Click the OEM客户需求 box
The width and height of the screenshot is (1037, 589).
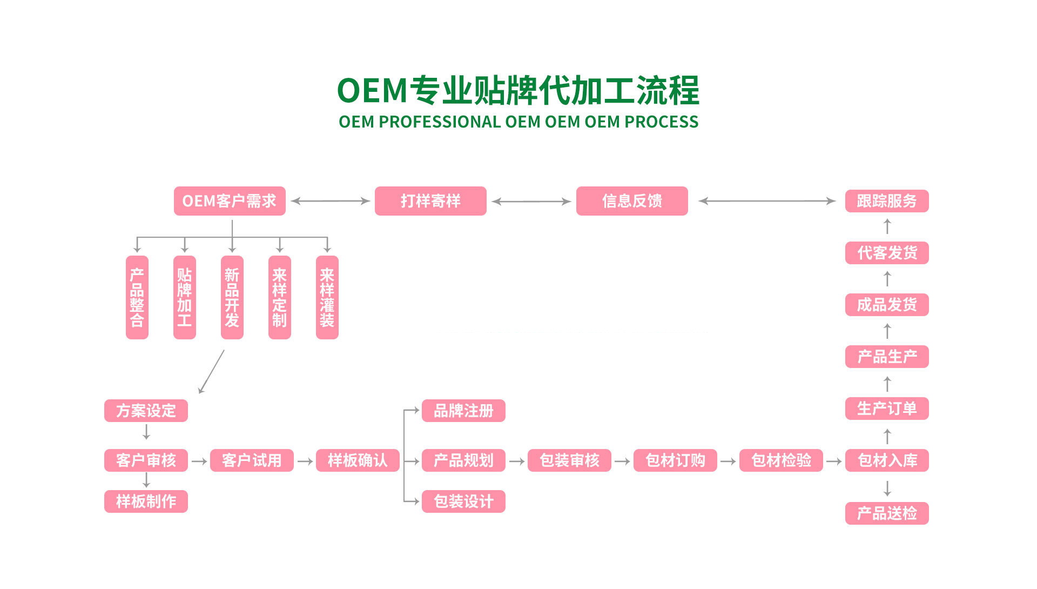point(230,201)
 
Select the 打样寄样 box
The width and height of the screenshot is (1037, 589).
point(430,201)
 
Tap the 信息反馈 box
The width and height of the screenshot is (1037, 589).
point(632,201)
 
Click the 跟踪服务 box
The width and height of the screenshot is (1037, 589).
point(887,201)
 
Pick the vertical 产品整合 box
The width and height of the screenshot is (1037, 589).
point(137,297)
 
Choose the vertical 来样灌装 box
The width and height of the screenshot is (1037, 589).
point(327,297)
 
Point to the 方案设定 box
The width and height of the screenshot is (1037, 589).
point(146,411)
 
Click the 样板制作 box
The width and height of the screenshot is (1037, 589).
point(146,501)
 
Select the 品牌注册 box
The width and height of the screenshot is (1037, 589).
point(463,411)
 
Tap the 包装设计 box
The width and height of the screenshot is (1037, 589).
point(463,501)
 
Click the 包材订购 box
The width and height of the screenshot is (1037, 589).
point(675,460)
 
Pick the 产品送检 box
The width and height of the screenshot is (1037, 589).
point(887,513)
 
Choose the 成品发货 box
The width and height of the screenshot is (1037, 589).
point(887,305)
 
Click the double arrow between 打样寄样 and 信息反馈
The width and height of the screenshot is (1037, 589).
point(531,202)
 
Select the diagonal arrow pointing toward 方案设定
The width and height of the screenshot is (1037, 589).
point(211,372)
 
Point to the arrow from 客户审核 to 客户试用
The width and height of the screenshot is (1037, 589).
point(199,461)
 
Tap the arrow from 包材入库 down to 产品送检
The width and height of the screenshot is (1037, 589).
point(887,488)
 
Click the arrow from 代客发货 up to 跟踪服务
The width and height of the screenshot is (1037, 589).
point(887,226)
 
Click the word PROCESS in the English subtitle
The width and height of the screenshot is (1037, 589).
point(661,122)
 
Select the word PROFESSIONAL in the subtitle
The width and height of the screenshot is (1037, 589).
point(440,122)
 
